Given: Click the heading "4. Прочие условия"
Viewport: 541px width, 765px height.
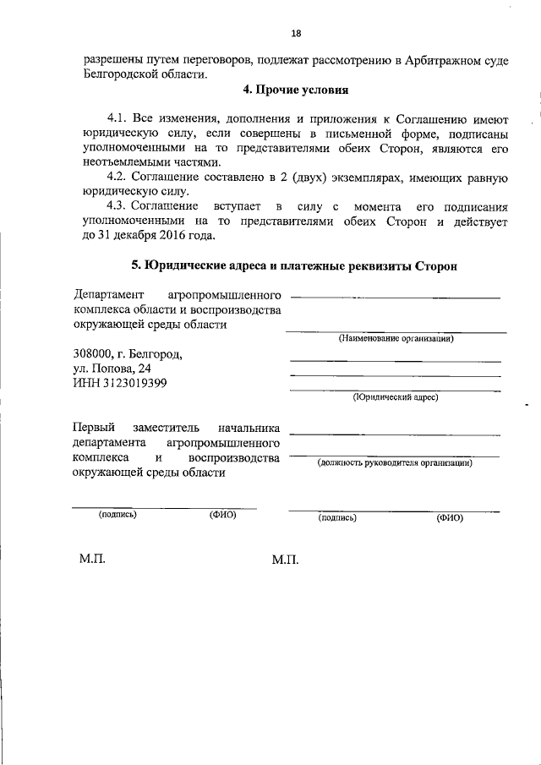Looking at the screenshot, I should click(x=294, y=90).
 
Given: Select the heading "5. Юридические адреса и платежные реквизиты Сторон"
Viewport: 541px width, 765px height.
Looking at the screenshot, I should click(x=294, y=265).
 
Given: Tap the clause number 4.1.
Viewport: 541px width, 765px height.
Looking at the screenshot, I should click(x=118, y=117).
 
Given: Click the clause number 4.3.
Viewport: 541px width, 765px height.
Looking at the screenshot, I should click(x=118, y=206).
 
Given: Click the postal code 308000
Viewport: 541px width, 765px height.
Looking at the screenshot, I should click(x=93, y=353).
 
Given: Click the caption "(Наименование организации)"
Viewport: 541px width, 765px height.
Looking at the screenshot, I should click(x=396, y=339).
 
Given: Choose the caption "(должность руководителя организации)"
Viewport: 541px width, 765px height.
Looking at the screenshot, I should click(x=395, y=462).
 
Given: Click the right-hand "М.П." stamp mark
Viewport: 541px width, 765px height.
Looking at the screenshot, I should click(x=286, y=560).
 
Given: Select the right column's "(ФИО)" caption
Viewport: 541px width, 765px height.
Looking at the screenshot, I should click(x=451, y=517).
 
